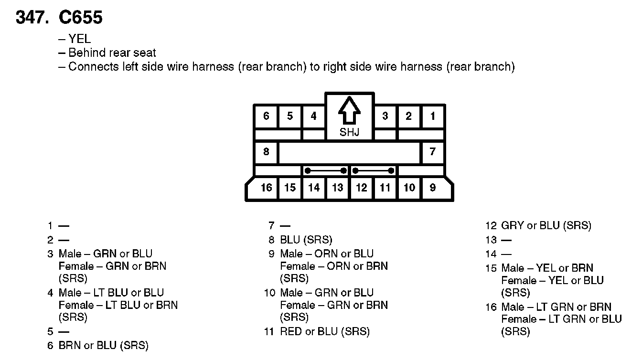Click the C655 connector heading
80,18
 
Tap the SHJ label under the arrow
349,132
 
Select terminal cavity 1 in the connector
432,116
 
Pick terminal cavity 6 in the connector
266,116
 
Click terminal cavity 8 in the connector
266,152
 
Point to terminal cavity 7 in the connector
432,152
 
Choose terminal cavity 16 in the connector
266,188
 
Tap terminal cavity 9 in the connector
432,188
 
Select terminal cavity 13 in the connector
338,188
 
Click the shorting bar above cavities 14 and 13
326,170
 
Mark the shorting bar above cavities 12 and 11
373,170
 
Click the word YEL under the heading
79,39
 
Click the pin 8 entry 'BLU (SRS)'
306,240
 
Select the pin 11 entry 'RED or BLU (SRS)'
325,331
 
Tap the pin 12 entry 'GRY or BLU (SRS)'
546,225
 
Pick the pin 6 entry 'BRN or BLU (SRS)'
103,345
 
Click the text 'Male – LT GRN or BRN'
556,307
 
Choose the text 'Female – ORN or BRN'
334,266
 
